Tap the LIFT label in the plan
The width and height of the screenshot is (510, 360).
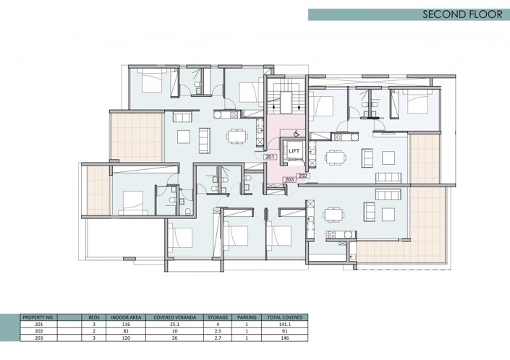pyautogui.click(x=294, y=151)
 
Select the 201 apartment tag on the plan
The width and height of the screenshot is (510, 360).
pyautogui.click(x=269, y=157)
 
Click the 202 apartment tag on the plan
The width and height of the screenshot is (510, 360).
pyautogui.click(x=303, y=176)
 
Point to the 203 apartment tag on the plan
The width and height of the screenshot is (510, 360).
pyautogui.click(x=289, y=179)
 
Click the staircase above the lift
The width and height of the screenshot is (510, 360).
pyautogui.click(x=283, y=98)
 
